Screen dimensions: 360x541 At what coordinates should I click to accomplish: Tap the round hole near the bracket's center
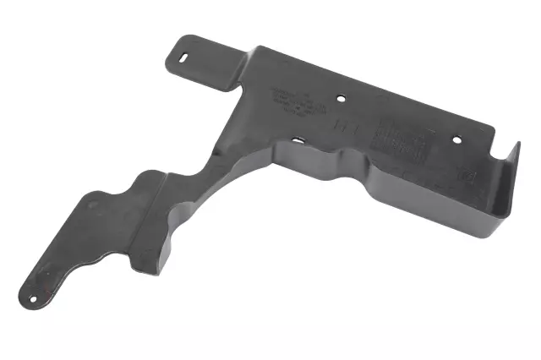[x=341, y=98]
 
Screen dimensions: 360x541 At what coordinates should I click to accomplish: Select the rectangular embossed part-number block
[x=397, y=139]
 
